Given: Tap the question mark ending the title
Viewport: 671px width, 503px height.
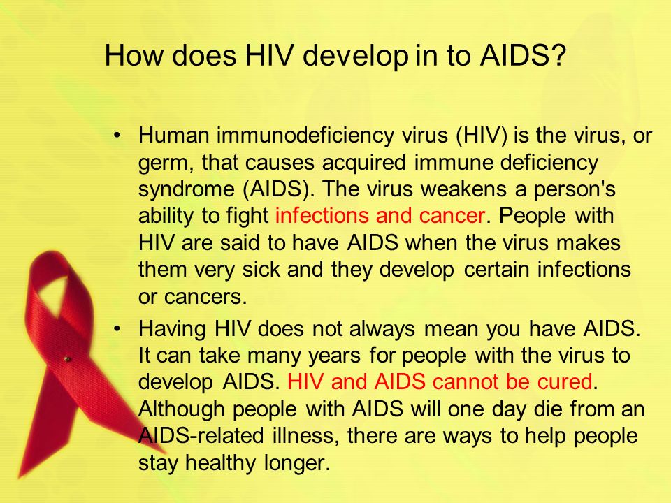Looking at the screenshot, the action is coord(558,55).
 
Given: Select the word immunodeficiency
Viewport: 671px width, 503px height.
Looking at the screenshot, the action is coord(305,136).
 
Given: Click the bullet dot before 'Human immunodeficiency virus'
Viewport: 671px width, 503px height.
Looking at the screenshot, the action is coord(117,136).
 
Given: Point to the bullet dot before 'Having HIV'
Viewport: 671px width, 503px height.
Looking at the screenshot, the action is coord(117,329).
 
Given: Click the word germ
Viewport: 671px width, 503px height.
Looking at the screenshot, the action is coord(163,163).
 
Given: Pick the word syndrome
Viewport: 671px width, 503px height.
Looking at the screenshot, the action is coord(186,190).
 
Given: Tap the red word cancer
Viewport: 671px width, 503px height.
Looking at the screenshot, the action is coord(452,216).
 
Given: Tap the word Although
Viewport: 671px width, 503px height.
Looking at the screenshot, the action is coord(182,410).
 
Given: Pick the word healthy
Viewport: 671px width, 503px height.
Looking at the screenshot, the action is coord(220,463).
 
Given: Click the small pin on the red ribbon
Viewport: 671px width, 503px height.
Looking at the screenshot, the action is coord(67,359).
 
